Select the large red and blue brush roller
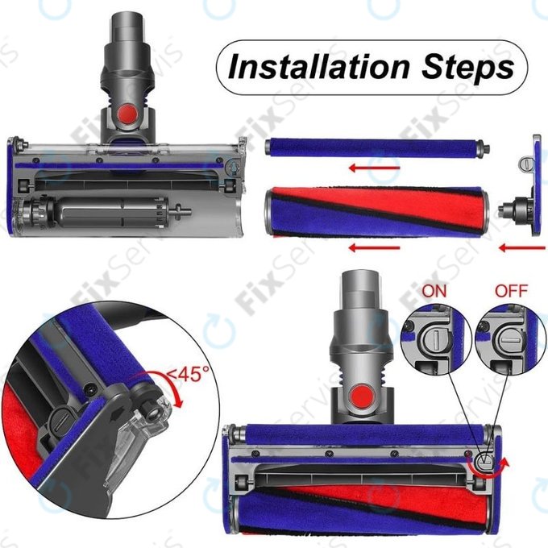pos(379,210)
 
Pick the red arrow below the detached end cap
pos(515,247)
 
